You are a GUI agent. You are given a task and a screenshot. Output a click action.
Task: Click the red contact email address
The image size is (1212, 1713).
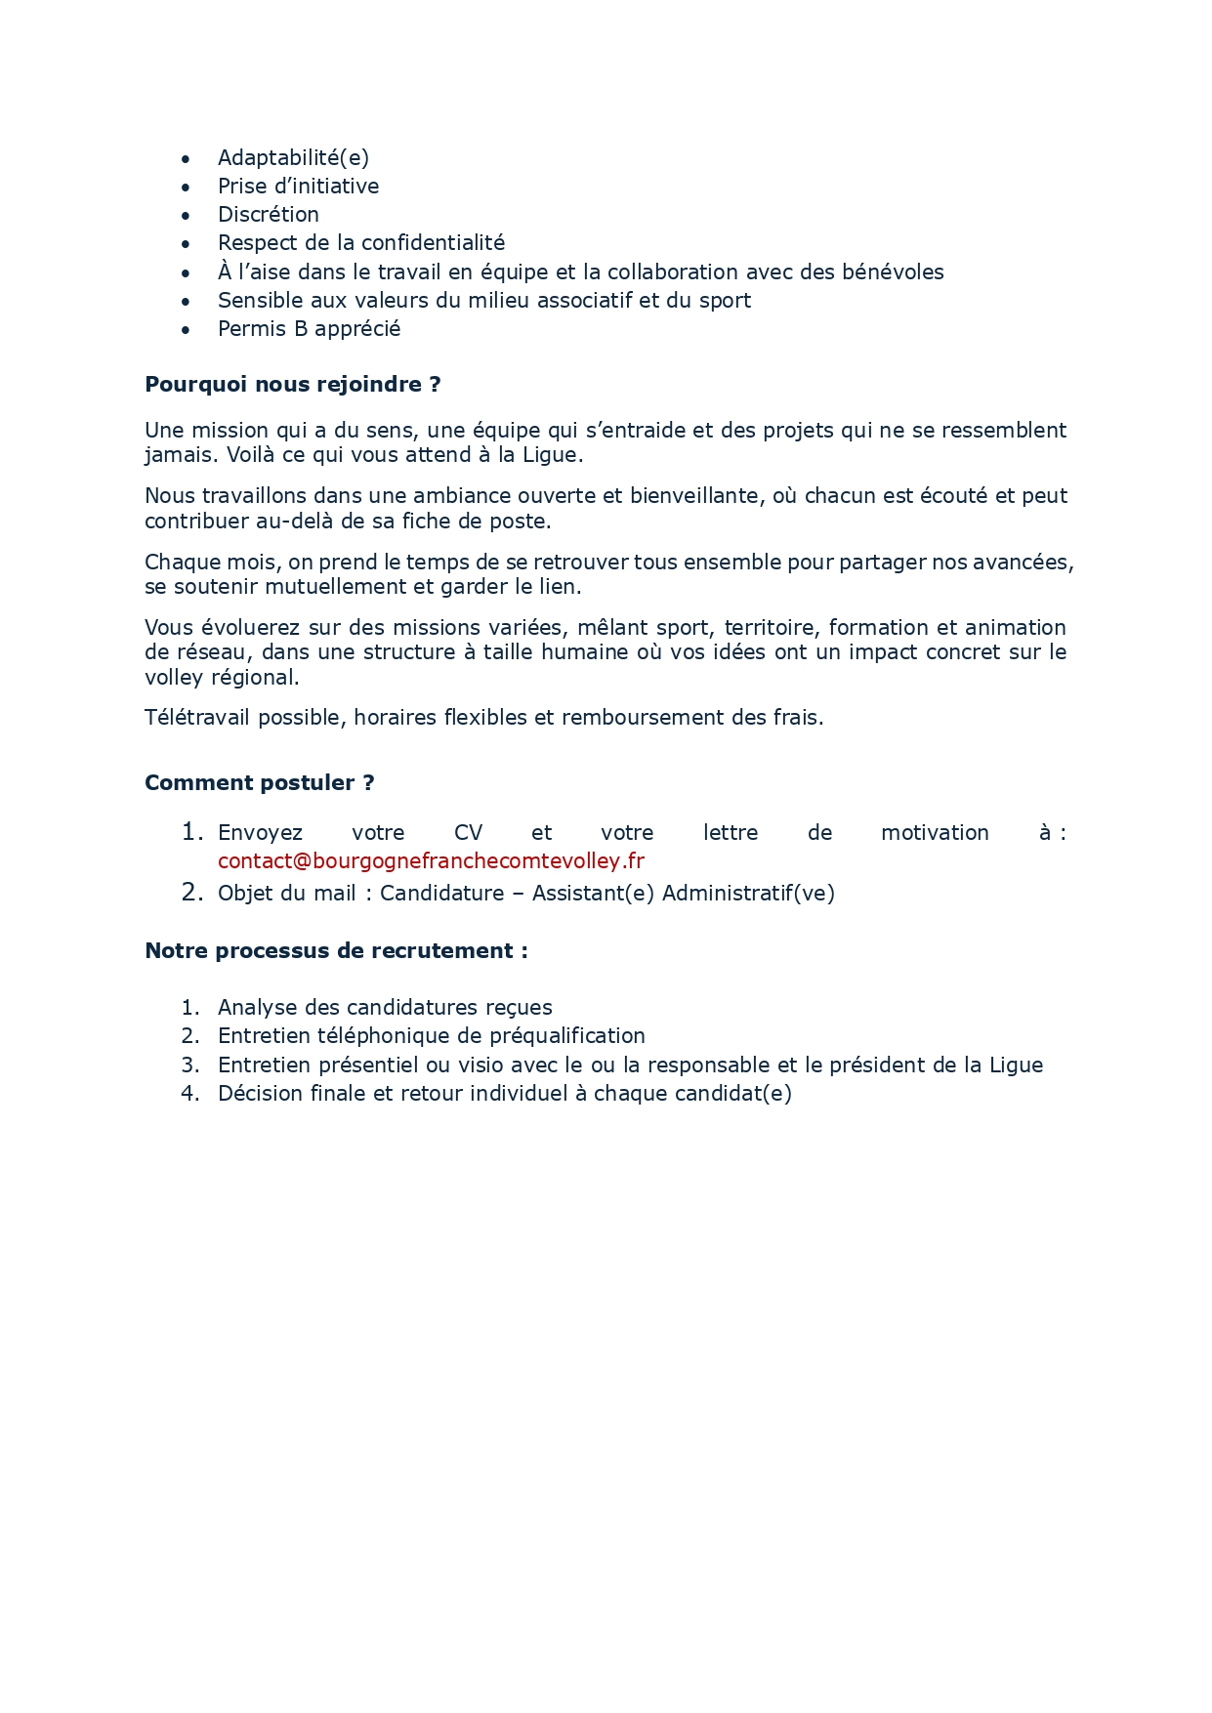[x=431, y=861]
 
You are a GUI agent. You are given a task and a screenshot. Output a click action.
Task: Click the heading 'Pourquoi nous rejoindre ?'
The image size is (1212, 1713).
[x=292, y=385]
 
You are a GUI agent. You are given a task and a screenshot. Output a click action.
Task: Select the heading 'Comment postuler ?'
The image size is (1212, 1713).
[x=259, y=783]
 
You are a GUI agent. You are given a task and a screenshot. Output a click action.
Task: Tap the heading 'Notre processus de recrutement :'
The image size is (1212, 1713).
[x=336, y=951]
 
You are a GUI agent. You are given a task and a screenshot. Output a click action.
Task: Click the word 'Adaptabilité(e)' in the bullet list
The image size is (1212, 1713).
[x=293, y=158]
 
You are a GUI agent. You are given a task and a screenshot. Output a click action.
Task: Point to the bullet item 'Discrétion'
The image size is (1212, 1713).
[x=268, y=215]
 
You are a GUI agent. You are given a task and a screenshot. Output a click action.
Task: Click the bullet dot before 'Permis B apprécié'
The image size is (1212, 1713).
[x=186, y=330]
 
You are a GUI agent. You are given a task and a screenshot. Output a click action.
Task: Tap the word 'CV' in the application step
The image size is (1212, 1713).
[x=468, y=833]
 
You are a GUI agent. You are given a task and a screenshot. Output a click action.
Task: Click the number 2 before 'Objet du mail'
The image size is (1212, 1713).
[x=191, y=893]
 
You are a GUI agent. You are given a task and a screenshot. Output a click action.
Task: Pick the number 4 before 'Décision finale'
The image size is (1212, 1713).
[x=189, y=1094]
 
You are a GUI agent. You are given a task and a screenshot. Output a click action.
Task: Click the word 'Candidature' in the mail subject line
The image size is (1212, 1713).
[x=441, y=894]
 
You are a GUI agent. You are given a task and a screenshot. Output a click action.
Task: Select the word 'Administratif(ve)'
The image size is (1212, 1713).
[x=748, y=894]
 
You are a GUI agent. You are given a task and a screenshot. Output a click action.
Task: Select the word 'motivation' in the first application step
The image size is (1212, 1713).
[x=935, y=833]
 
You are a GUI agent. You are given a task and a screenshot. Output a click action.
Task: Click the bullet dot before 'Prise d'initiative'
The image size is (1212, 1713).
[x=186, y=188]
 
